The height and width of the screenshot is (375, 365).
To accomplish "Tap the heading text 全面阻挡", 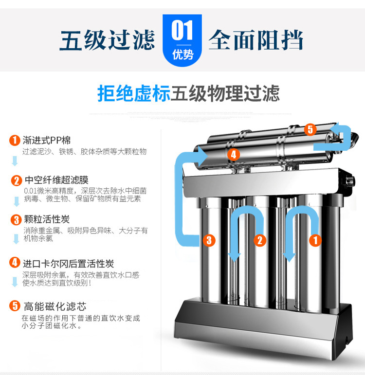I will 256,40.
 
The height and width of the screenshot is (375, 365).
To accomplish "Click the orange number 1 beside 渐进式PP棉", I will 15,141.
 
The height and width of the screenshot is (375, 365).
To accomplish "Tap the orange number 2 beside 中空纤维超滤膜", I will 17,181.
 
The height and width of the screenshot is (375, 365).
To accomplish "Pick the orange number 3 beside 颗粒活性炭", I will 16,219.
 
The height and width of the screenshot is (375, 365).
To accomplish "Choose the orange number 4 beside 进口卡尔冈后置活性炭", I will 16,264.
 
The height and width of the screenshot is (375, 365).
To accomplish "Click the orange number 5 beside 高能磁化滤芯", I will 15,306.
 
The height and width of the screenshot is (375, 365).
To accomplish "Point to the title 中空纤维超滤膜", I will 56,180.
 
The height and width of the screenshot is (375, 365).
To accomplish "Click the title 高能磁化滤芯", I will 55,306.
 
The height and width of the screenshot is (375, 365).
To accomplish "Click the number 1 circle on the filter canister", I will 315,239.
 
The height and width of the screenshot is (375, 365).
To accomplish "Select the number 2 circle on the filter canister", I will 260,240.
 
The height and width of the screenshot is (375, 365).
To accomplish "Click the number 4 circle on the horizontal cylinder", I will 233,154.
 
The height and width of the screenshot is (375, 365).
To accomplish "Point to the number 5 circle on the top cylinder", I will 310,129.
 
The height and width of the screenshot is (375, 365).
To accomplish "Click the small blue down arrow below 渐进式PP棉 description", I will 15,161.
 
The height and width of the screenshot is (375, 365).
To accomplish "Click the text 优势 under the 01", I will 182,54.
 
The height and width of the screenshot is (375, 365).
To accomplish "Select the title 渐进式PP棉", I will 47,141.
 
